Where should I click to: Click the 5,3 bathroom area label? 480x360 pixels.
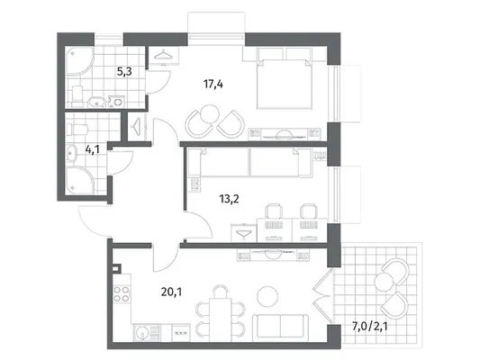pyautogui.click(x=124, y=72)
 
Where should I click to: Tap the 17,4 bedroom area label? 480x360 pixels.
pyautogui.click(x=213, y=84)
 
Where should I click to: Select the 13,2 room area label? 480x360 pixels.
pyautogui.click(x=229, y=199)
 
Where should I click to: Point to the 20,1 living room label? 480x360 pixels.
pyautogui.click(x=171, y=292)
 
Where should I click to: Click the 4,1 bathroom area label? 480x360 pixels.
pyautogui.click(x=92, y=150)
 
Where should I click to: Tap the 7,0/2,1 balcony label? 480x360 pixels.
pyautogui.click(x=370, y=327)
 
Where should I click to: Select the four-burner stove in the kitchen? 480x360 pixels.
pyautogui.click(x=122, y=293)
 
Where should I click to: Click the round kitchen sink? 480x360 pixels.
pyautogui.click(x=141, y=332)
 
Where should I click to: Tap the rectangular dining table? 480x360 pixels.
pyautogui.click(x=220, y=319)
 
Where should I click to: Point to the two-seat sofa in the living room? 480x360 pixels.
pyautogui.click(x=280, y=328)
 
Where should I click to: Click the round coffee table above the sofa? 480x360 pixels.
pyautogui.click(x=267, y=296)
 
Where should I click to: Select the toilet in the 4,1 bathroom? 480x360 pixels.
pyautogui.click(x=77, y=130)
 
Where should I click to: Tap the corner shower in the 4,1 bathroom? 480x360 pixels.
pyautogui.click(x=79, y=180)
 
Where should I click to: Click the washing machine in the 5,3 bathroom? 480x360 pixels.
pyautogui.click(x=116, y=102)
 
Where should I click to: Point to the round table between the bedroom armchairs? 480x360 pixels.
pyautogui.click(x=210, y=114)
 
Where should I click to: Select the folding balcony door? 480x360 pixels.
pyautogui.click(x=322, y=295)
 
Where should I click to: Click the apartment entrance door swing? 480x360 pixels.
pyautogui.click(x=95, y=220)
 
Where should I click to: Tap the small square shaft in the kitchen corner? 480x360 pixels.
pyautogui.click(x=116, y=268)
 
